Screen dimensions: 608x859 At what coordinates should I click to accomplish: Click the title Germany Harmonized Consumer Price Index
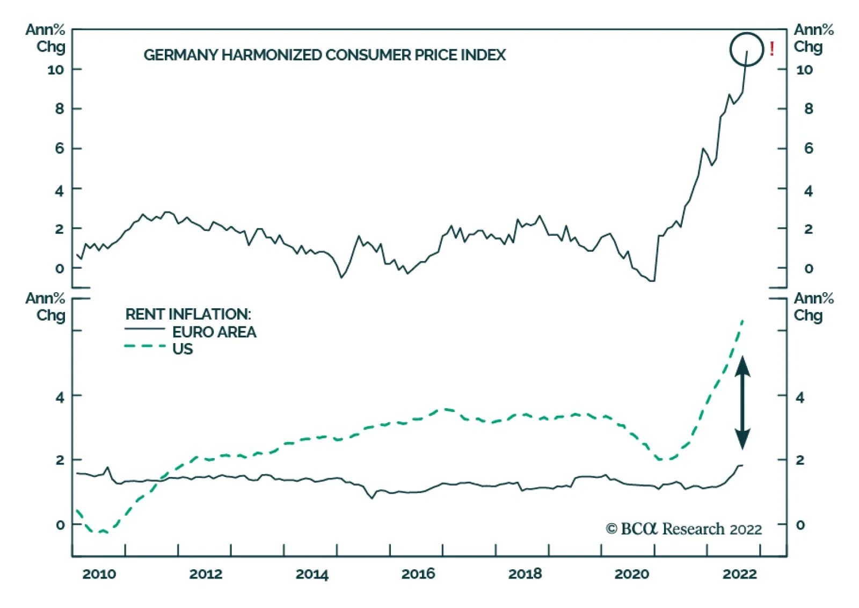[x=324, y=55]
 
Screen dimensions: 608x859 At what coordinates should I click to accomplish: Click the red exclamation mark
[x=772, y=49]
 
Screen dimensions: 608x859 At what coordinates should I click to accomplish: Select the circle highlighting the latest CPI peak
[x=746, y=49]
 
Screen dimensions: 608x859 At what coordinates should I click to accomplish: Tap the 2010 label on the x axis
[x=99, y=574]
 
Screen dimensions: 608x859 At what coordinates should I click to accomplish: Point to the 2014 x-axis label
[x=312, y=574]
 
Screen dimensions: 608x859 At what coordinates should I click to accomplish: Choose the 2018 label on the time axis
[x=525, y=574]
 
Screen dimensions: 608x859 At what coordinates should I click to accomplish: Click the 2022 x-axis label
[x=739, y=574]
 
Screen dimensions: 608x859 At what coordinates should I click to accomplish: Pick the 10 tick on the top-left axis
[x=55, y=70]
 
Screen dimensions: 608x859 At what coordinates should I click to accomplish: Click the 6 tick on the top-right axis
[x=808, y=148]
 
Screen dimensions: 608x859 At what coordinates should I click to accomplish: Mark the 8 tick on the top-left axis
[x=59, y=109]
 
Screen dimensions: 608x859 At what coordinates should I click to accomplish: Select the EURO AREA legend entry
[x=214, y=332]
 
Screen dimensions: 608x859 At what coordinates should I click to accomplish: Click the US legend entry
[x=183, y=349]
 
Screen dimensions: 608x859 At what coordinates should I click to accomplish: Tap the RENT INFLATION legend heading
[x=188, y=314]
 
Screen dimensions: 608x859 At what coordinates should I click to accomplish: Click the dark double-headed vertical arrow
[x=742, y=402]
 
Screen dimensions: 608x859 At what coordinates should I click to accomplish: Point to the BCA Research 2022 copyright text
[x=683, y=529]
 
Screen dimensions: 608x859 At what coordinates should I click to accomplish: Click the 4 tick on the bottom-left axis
[x=59, y=397]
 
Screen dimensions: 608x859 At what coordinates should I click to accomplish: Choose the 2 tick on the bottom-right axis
[x=800, y=460]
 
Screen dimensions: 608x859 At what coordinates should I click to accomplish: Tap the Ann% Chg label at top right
[x=813, y=38]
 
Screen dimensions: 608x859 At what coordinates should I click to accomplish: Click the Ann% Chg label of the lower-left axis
[x=46, y=307]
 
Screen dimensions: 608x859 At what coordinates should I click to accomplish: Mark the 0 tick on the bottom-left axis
[x=60, y=525]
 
